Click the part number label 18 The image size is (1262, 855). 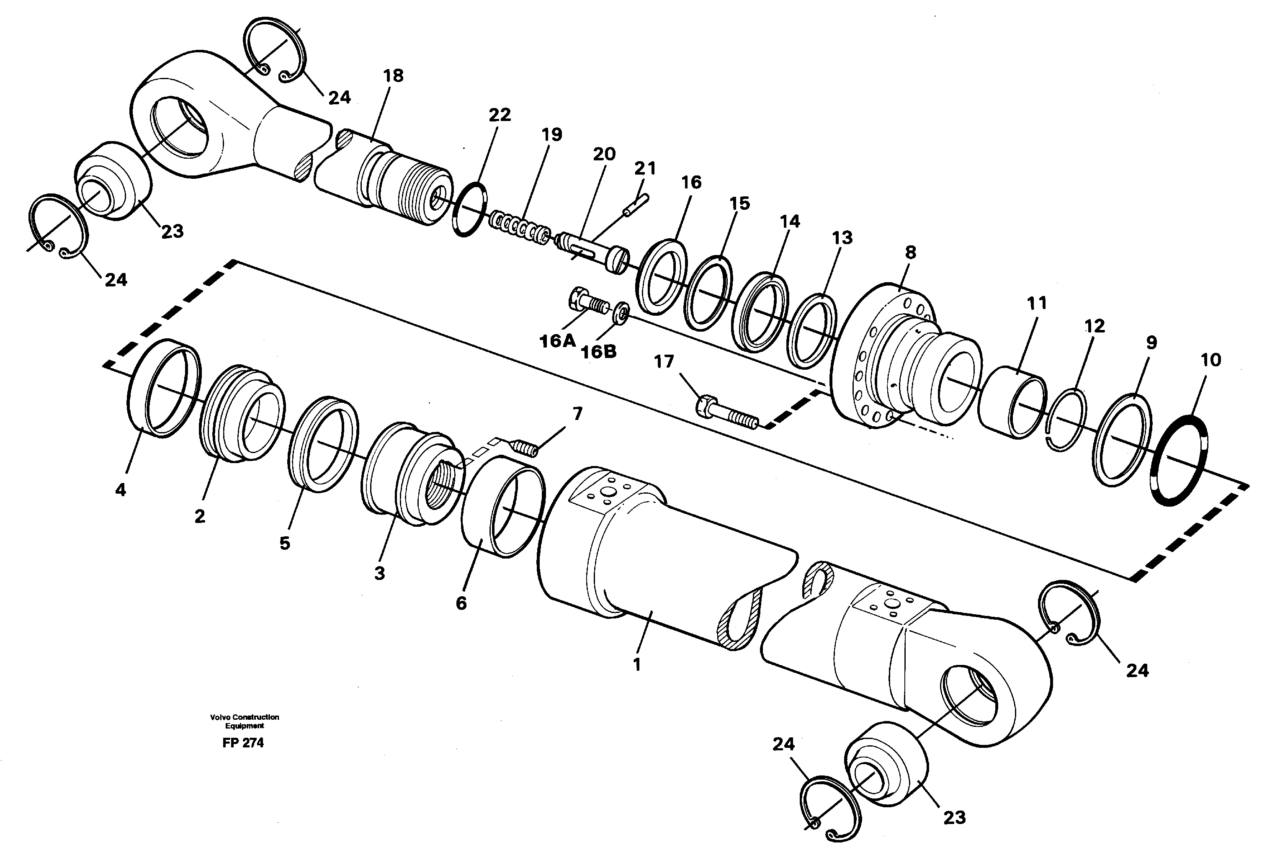(x=393, y=76)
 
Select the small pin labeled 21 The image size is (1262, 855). (x=636, y=205)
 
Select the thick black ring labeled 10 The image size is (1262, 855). (x=1180, y=460)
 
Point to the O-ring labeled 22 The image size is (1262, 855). (x=469, y=209)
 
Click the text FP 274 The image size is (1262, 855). (x=243, y=743)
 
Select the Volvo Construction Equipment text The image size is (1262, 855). (x=245, y=721)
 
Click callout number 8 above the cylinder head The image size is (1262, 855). (x=910, y=252)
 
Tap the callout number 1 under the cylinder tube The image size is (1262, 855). (x=637, y=664)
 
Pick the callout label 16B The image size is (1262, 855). (x=598, y=352)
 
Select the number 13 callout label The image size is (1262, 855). (x=842, y=238)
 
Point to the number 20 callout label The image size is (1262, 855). (x=603, y=155)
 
